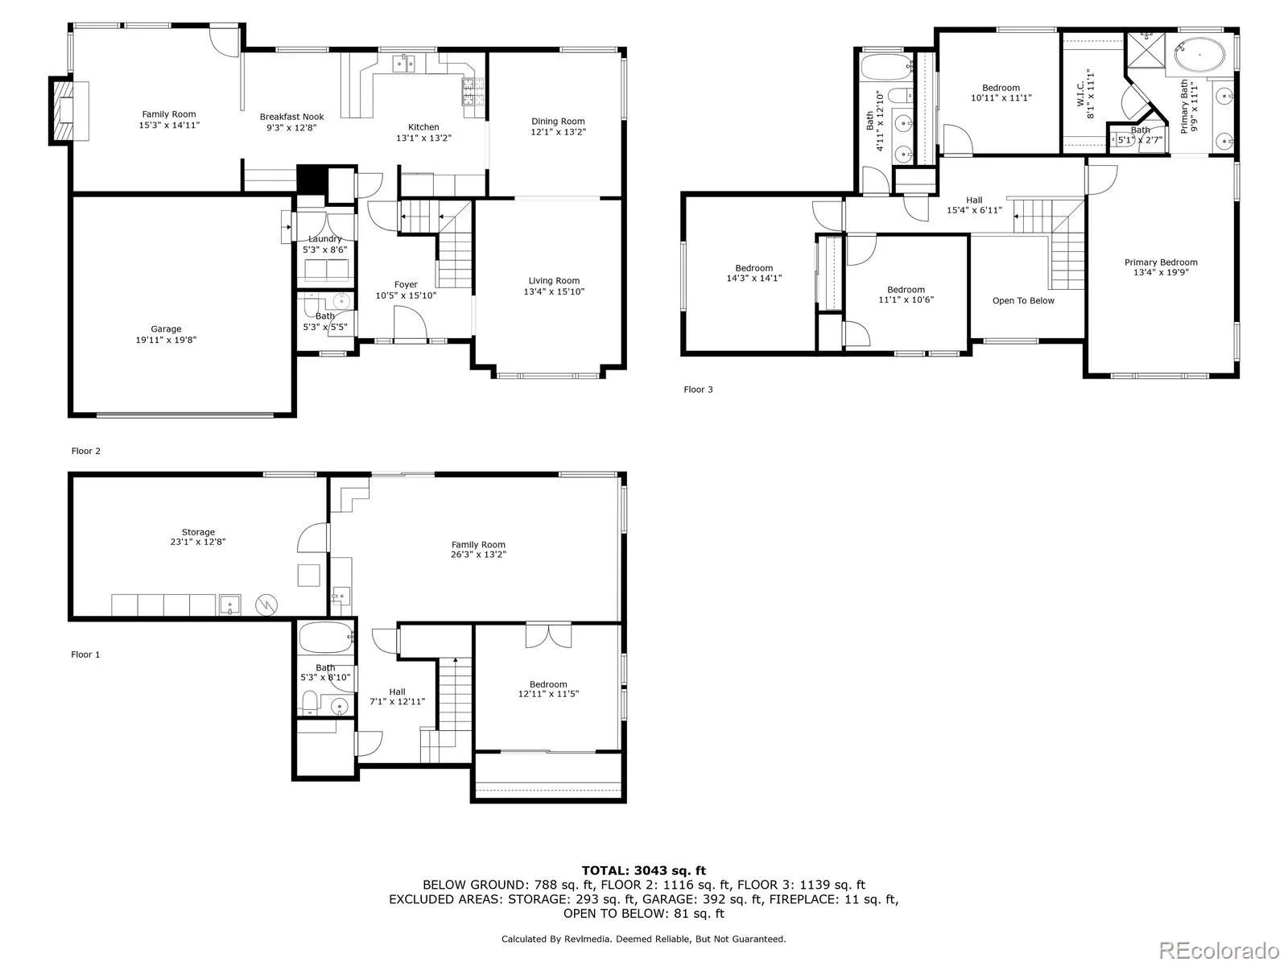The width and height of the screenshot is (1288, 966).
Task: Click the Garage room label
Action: pos(166,328)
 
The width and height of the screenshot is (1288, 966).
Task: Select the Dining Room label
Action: pos(557,122)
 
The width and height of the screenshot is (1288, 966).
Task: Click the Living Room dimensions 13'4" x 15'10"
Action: pos(554,291)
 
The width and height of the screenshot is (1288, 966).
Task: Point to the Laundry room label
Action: pos(324,239)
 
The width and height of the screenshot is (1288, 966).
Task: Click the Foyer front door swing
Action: pos(410,326)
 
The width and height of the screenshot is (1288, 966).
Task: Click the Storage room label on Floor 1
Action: pos(198,532)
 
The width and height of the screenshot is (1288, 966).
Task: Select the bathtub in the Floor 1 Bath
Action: pos(326,641)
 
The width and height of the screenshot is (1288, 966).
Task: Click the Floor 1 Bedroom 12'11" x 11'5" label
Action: pos(548,689)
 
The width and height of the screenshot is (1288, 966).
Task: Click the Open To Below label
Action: pos(1023,300)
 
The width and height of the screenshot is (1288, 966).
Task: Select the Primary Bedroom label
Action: pos(1160,262)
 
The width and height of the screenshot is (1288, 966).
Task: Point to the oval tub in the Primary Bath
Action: pos(1199,56)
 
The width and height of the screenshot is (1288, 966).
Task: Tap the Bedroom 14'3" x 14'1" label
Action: pos(753,273)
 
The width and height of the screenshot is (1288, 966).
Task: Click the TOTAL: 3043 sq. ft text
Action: pos(643,870)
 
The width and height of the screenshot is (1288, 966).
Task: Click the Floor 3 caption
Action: pos(698,390)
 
